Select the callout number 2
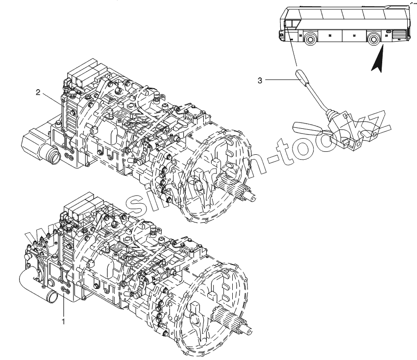click(x=38, y=92)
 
